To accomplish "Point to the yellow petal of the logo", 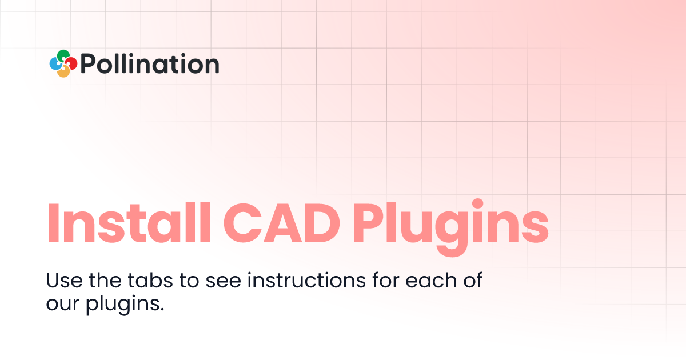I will (63, 72).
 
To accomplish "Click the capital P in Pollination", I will (89, 64).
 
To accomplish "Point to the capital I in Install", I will (53, 222).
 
